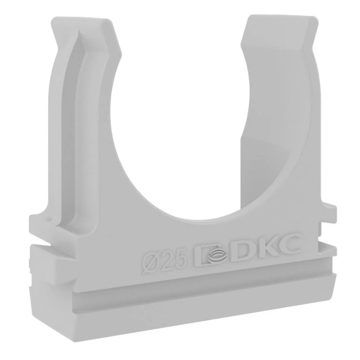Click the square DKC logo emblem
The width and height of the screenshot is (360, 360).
211,255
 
